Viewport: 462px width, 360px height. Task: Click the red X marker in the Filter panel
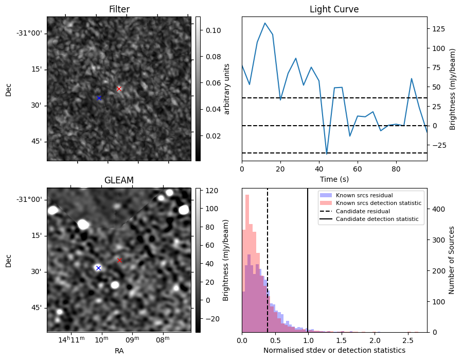(119, 89)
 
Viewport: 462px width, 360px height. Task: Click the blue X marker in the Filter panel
(99, 98)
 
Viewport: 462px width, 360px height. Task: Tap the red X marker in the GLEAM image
(119, 260)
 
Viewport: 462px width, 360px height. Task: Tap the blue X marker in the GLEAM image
(98, 268)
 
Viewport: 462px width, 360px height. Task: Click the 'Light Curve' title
(334, 9)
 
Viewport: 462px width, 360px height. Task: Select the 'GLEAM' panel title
(119, 180)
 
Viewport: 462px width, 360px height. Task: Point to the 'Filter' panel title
(119, 9)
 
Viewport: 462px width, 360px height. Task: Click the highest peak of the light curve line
(264, 23)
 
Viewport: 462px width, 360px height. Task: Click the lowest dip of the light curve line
(327, 153)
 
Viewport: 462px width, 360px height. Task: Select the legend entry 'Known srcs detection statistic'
(378, 203)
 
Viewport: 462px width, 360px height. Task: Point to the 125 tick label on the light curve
(438, 29)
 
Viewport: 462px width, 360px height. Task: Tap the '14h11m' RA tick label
(71, 339)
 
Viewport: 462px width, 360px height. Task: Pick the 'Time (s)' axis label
(334, 178)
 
